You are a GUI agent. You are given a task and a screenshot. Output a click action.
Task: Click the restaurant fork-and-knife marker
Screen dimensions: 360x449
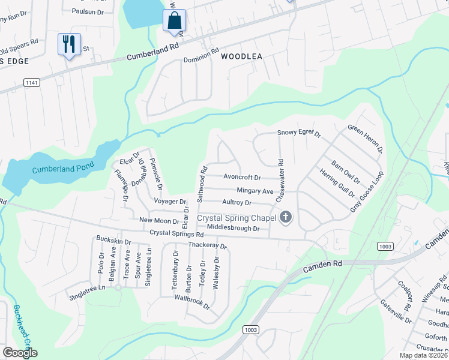(69, 44)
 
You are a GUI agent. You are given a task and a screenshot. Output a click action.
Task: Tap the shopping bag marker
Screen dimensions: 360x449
(174, 21)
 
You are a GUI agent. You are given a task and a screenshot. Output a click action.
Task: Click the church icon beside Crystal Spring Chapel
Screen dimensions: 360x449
(286, 217)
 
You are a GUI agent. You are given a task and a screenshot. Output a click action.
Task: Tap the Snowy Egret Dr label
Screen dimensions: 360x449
(299, 133)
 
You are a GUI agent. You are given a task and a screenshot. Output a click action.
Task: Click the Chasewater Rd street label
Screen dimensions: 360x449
(279, 180)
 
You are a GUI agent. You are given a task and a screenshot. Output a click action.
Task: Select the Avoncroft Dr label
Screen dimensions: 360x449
(242, 178)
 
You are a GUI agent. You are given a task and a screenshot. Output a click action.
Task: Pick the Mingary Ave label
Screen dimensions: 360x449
(255, 191)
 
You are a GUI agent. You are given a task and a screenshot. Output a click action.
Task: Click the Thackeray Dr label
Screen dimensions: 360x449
(208, 245)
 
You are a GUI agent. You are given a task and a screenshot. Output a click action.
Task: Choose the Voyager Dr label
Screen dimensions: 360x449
(170, 201)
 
